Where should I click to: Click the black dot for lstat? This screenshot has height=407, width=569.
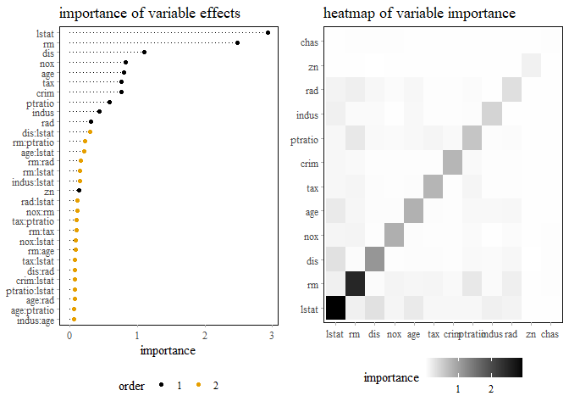268,33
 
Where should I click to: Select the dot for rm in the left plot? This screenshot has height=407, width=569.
237,42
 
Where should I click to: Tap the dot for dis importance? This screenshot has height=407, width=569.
144,53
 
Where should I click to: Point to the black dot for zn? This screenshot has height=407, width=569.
79,191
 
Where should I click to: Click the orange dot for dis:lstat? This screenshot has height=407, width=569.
90,131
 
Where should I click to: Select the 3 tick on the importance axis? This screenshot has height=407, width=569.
272,336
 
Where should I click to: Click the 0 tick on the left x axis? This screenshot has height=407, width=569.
69,336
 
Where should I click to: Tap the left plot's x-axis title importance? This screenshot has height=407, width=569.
168,350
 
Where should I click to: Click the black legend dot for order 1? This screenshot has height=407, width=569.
161,386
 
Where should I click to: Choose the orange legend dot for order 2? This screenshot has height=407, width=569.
198,386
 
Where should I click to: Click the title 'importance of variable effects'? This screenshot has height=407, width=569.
149,14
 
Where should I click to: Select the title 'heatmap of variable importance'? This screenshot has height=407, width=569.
419,14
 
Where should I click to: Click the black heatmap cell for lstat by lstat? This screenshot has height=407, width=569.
334,309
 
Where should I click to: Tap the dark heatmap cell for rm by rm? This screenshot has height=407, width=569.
354,285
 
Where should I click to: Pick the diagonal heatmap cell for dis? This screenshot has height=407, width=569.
374,260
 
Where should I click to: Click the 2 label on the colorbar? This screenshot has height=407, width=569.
491,388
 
